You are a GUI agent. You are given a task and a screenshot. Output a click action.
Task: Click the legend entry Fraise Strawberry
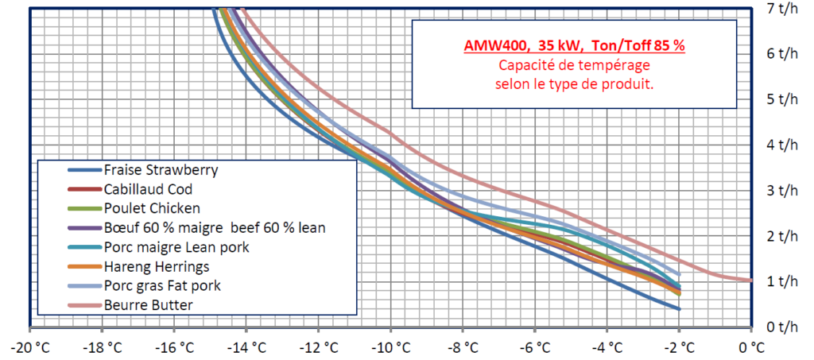(161, 169)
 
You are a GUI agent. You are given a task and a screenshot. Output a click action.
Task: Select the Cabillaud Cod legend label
(148, 189)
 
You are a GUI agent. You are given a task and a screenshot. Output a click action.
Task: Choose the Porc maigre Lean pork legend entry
(176, 247)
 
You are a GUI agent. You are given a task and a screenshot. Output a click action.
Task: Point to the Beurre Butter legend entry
(147, 304)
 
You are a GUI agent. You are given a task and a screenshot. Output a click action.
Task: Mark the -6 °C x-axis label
(535, 347)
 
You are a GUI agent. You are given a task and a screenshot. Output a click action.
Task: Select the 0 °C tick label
(751, 347)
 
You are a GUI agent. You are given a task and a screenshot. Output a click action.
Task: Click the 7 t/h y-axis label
(784, 8)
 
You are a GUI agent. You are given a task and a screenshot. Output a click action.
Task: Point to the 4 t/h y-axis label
(784, 144)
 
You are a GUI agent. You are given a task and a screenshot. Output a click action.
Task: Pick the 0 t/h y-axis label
(784, 327)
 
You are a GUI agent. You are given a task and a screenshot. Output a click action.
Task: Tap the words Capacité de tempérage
(575, 65)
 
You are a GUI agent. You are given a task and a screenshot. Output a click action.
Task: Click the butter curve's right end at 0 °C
(750, 280)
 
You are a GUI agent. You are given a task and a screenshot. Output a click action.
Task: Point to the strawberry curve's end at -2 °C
(679, 308)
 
